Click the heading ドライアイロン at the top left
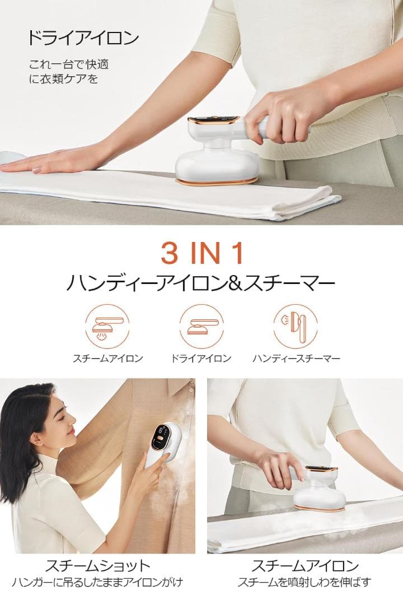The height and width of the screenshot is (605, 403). pyautogui.click(x=83, y=38)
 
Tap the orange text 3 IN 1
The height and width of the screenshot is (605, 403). pyautogui.click(x=202, y=254)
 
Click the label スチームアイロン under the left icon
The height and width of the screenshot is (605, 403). pyautogui.click(x=107, y=359)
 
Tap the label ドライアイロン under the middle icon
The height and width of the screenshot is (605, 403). pyautogui.click(x=201, y=359)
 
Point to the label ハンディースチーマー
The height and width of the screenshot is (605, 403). pyautogui.click(x=296, y=359)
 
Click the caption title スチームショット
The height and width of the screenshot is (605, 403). pyautogui.click(x=97, y=565)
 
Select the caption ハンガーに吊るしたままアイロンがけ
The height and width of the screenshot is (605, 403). pyautogui.click(x=97, y=583)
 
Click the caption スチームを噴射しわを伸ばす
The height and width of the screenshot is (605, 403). pyautogui.click(x=304, y=583)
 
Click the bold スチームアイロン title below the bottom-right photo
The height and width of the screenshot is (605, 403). pyautogui.click(x=304, y=565)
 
